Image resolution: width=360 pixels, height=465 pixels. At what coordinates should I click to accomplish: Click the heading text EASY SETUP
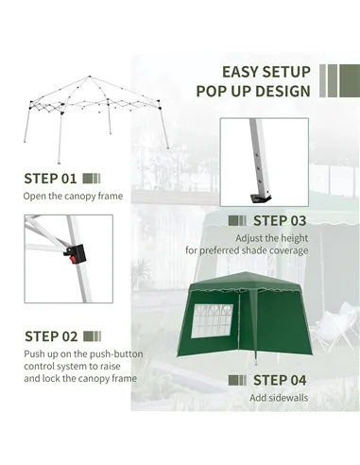(x=266, y=72)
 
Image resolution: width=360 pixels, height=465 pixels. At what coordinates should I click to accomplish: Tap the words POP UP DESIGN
(x=253, y=92)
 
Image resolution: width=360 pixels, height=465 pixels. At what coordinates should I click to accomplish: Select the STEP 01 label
(x=51, y=178)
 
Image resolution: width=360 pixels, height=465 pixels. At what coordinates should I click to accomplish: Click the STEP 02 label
(x=51, y=336)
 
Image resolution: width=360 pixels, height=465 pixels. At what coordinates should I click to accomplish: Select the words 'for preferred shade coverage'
(x=246, y=250)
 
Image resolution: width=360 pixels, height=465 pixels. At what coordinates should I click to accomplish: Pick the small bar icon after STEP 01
(x=92, y=178)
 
